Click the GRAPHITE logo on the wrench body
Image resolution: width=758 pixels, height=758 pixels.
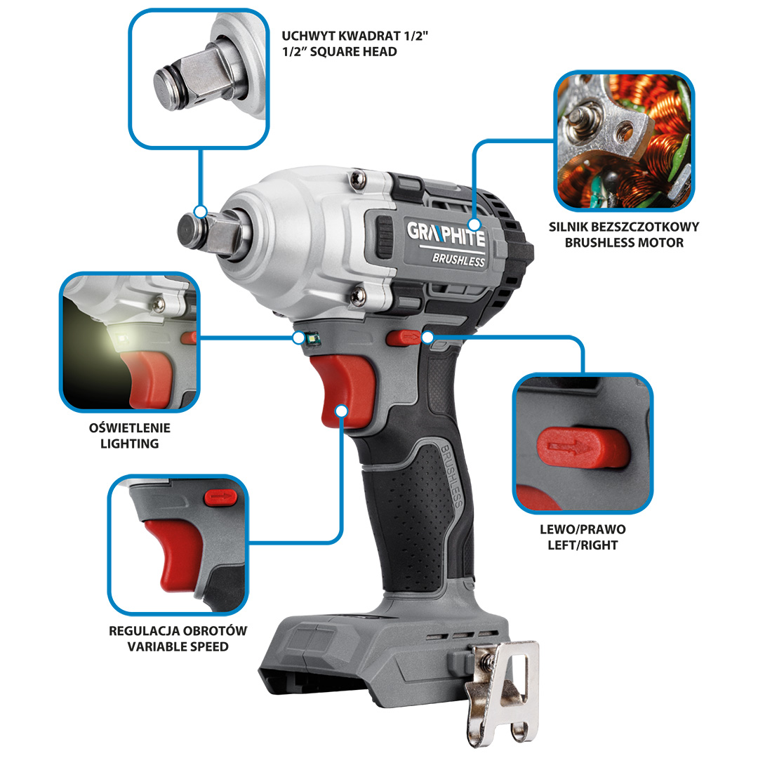click(446, 234)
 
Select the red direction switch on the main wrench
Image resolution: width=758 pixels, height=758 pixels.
click(404, 338)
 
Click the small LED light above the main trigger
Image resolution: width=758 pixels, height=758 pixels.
click(313, 338)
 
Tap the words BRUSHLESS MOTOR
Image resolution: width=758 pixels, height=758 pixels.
click(624, 243)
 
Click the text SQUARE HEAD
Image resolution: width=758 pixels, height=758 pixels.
click(353, 52)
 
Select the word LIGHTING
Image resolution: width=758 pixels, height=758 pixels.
click(130, 444)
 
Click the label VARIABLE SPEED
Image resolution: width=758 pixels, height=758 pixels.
click(178, 647)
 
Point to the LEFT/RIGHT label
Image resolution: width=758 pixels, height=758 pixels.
click(583, 545)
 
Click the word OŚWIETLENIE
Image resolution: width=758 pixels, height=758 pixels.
click(130, 428)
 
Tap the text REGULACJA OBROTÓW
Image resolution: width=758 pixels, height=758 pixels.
click(178, 631)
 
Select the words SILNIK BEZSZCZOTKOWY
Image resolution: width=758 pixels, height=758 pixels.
click(624, 227)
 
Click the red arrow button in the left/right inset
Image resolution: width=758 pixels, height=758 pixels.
click(582, 448)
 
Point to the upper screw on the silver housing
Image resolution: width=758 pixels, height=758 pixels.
click(358, 179)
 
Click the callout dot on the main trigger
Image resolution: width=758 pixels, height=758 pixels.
click(341, 411)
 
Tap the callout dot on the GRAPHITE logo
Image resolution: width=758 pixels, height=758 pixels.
click(474, 225)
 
